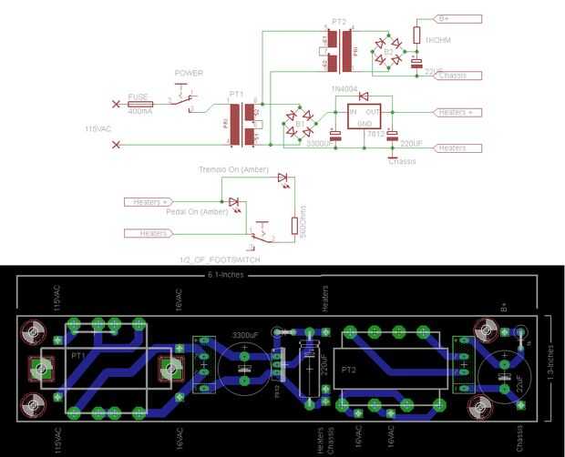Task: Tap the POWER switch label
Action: (x=189, y=73)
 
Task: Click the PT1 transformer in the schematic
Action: (x=242, y=123)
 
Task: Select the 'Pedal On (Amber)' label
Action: (x=196, y=212)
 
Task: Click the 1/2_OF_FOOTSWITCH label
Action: (x=221, y=260)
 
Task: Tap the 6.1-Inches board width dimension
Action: (x=223, y=274)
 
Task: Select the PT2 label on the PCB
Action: (x=348, y=371)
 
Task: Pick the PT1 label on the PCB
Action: (x=77, y=357)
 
